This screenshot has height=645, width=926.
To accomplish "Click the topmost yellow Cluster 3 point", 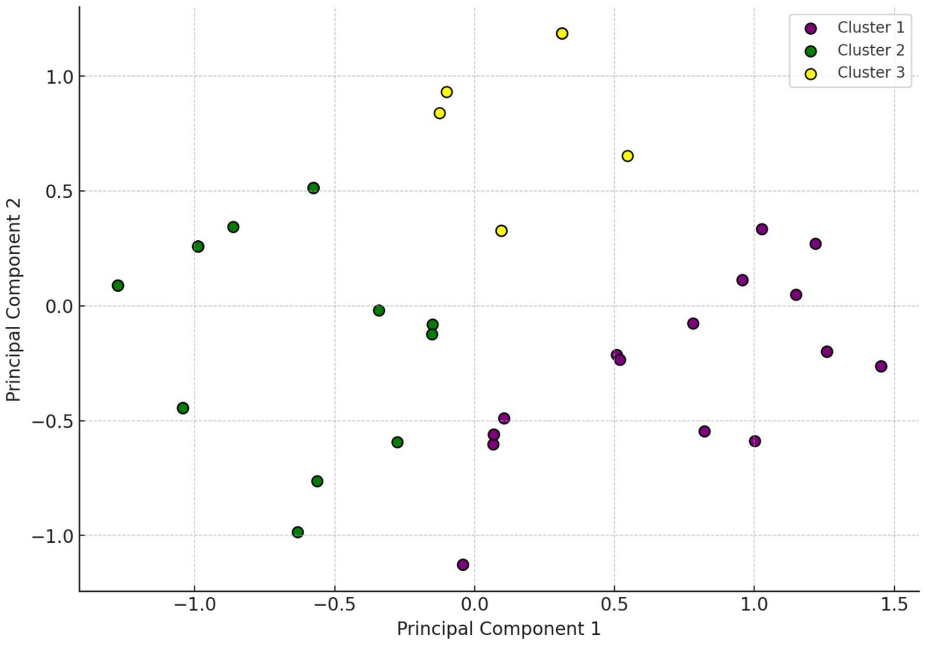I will [x=562, y=34].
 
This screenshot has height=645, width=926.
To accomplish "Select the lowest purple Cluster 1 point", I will [x=463, y=565].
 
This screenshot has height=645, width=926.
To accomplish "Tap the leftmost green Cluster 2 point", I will [x=118, y=285].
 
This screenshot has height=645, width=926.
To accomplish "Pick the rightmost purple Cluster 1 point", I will [x=881, y=366].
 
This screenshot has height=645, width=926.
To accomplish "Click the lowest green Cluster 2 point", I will [x=297, y=532].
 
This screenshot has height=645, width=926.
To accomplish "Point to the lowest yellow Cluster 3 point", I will [x=501, y=231].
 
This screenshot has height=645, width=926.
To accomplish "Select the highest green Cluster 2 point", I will [x=313, y=188].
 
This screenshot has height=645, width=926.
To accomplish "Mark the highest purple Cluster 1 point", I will [x=761, y=229].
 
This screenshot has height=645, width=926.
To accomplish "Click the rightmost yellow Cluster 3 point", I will [x=627, y=156].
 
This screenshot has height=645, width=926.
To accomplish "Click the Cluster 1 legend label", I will [x=870, y=28].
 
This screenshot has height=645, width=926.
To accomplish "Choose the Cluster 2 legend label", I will [x=870, y=50].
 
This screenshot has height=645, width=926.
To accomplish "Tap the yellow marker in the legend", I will [x=810, y=74].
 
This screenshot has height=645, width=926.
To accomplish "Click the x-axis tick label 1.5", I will [x=894, y=605].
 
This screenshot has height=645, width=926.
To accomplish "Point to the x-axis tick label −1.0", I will [x=194, y=605].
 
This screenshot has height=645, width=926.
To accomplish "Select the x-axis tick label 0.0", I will [x=474, y=605].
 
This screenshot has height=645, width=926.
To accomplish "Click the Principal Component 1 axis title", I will [x=498, y=629].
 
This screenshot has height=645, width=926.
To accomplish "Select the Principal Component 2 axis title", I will [x=14, y=300].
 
